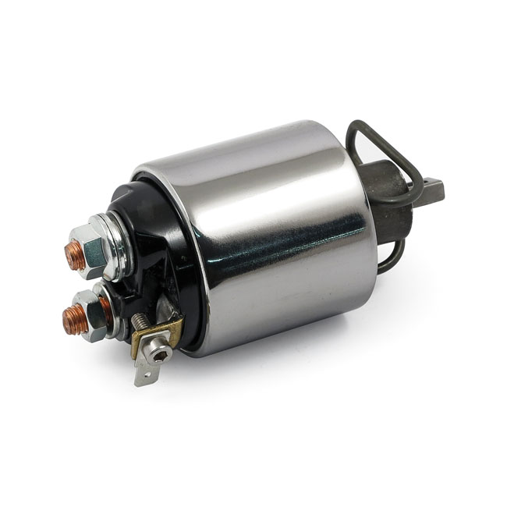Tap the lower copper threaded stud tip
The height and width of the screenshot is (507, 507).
pyautogui.click(x=75, y=320)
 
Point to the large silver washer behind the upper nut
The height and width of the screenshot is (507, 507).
pyautogui.click(x=115, y=248)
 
